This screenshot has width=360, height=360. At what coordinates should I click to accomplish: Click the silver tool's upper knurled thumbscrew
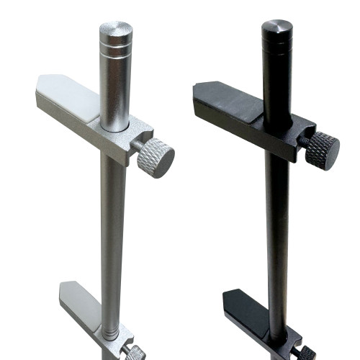point(156,158)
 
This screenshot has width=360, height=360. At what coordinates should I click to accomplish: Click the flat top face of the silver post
point(115,29)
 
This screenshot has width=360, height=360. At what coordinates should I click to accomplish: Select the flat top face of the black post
point(276,27)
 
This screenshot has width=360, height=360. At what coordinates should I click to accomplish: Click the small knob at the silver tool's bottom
point(135,352)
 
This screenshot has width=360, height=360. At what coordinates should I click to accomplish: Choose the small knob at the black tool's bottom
point(305,353)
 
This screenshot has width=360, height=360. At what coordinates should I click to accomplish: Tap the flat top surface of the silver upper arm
point(72,94)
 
